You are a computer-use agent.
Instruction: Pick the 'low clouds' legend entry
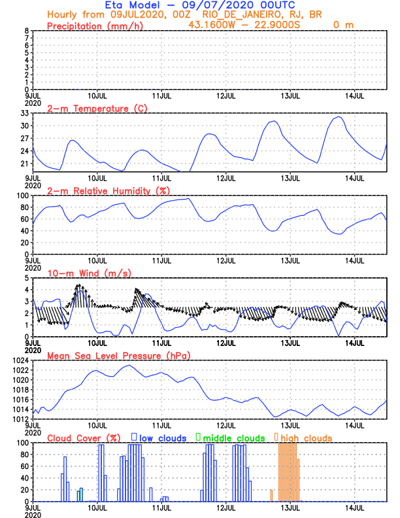pyautogui.click(x=163, y=438)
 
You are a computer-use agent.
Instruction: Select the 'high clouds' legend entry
pyautogui.click(x=306, y=438)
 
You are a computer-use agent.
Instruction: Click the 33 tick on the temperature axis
pyautogui.click(x=23, y=113)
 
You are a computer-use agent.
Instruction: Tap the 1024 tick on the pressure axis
pyautogui.click(x=19, y=360)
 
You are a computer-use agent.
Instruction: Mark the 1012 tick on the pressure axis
pyautogui.click(x=19, y=419)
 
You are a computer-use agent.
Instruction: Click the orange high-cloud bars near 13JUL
pyautogui.click(x=288, y=471)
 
